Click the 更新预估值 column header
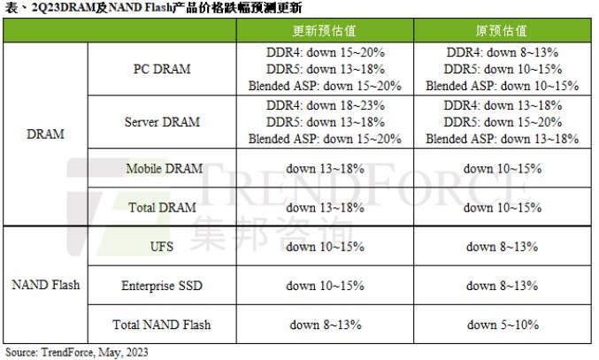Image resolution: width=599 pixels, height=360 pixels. pyautogui.click(x=325, y=31)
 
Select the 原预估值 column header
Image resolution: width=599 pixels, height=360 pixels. pyautogui.click(x=502, y=31)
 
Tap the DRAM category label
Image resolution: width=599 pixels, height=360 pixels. pyautogui.click(x=44, y=134)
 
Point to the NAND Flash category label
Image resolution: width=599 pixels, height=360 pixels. pyautogui.click(x=45, y=285)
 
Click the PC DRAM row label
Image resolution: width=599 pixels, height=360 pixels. pyautogui.click(x=163, y=69)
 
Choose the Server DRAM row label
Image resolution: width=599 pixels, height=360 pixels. pyautogui.click(x=163, y=122)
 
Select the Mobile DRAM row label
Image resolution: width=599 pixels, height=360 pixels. pyautogui.click(x=163, y=168)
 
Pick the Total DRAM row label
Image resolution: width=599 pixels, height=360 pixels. pyautogui.click(x=163, y=207)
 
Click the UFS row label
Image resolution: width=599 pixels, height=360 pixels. pyautogui.click(x=163, y=246)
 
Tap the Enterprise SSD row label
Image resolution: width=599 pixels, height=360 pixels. pyautogui.click(x=163, y=285)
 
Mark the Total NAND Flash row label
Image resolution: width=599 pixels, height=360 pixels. pyautogui.click(x=163, y=324)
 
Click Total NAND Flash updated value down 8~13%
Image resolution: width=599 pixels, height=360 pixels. pyautogui.click(x=325, y=324)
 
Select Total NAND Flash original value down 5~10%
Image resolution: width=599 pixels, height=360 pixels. pyautogui.click(x=502, y=324)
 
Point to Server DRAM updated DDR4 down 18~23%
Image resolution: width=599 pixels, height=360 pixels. pyautogui.click(x=325, y=105)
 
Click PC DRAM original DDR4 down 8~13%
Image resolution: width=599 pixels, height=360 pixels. pyautogui.click(x=502, y=52)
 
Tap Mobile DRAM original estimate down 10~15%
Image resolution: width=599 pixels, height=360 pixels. pyautogui.click(x=502, y=168)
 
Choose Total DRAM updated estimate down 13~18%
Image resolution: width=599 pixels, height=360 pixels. pyautogui.click(x=325, y=207)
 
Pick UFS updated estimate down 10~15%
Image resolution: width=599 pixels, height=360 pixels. pyautogui.click(x=325, y=246)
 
